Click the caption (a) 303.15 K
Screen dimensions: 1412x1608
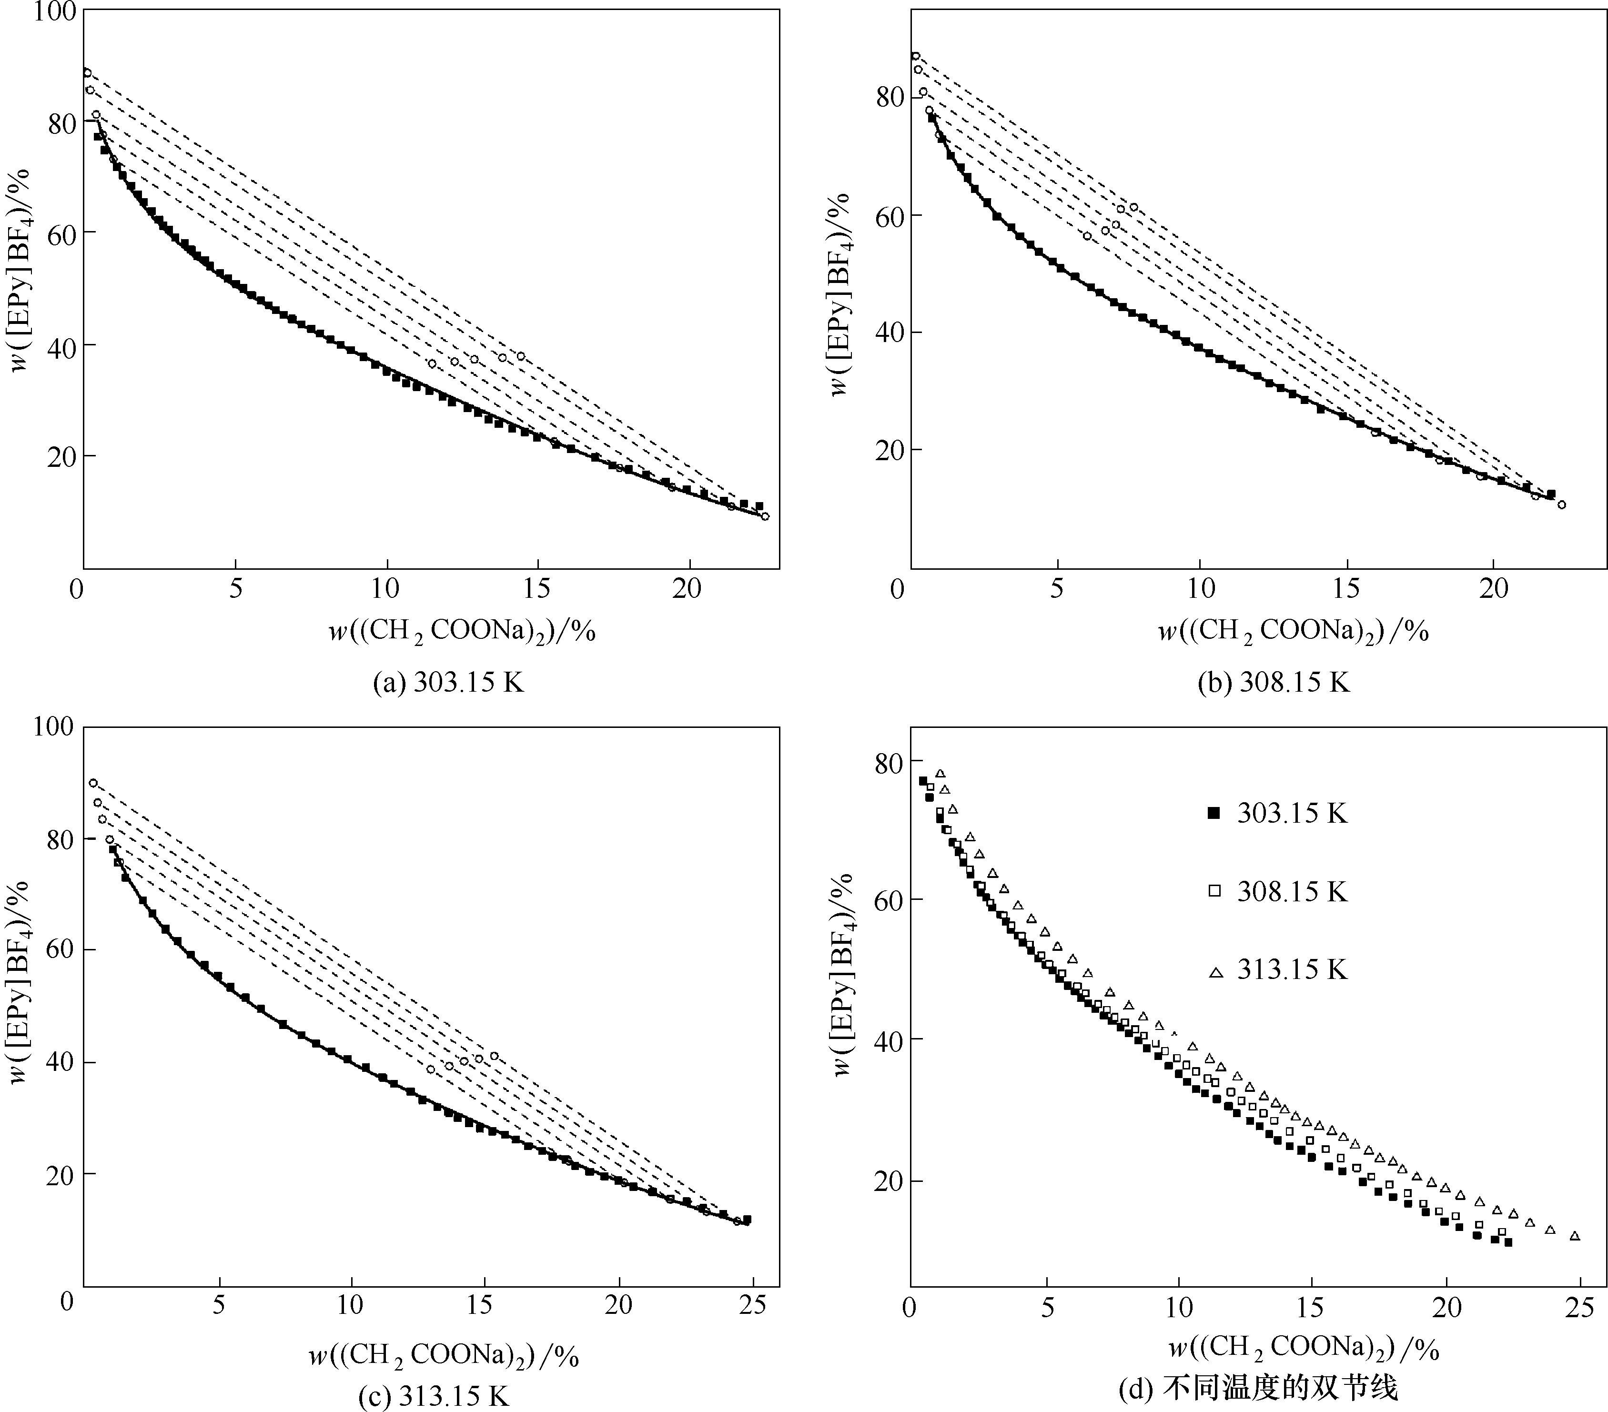[448, 682]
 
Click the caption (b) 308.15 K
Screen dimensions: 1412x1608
[1273, 682]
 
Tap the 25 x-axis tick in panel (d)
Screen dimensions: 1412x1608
[1580, 1307]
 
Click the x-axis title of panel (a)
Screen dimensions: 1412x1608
[462, 631]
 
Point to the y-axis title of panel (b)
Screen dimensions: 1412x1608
[840, 294]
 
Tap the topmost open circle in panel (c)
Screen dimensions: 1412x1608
[93, 783]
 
